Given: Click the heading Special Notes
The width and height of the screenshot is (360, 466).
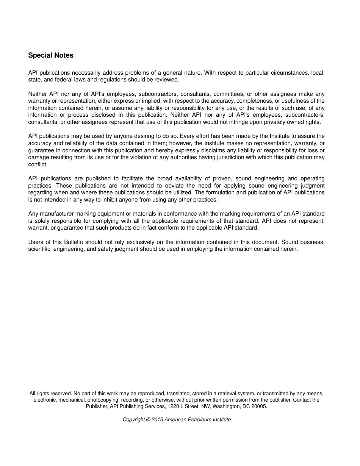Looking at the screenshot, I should tap(51, 55).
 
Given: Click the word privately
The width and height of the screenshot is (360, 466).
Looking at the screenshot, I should tap(274, 122).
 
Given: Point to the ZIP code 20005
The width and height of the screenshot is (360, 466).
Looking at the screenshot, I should tap(259, 406).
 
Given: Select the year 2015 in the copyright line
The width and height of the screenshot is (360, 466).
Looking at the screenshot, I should tap(157, 419).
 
